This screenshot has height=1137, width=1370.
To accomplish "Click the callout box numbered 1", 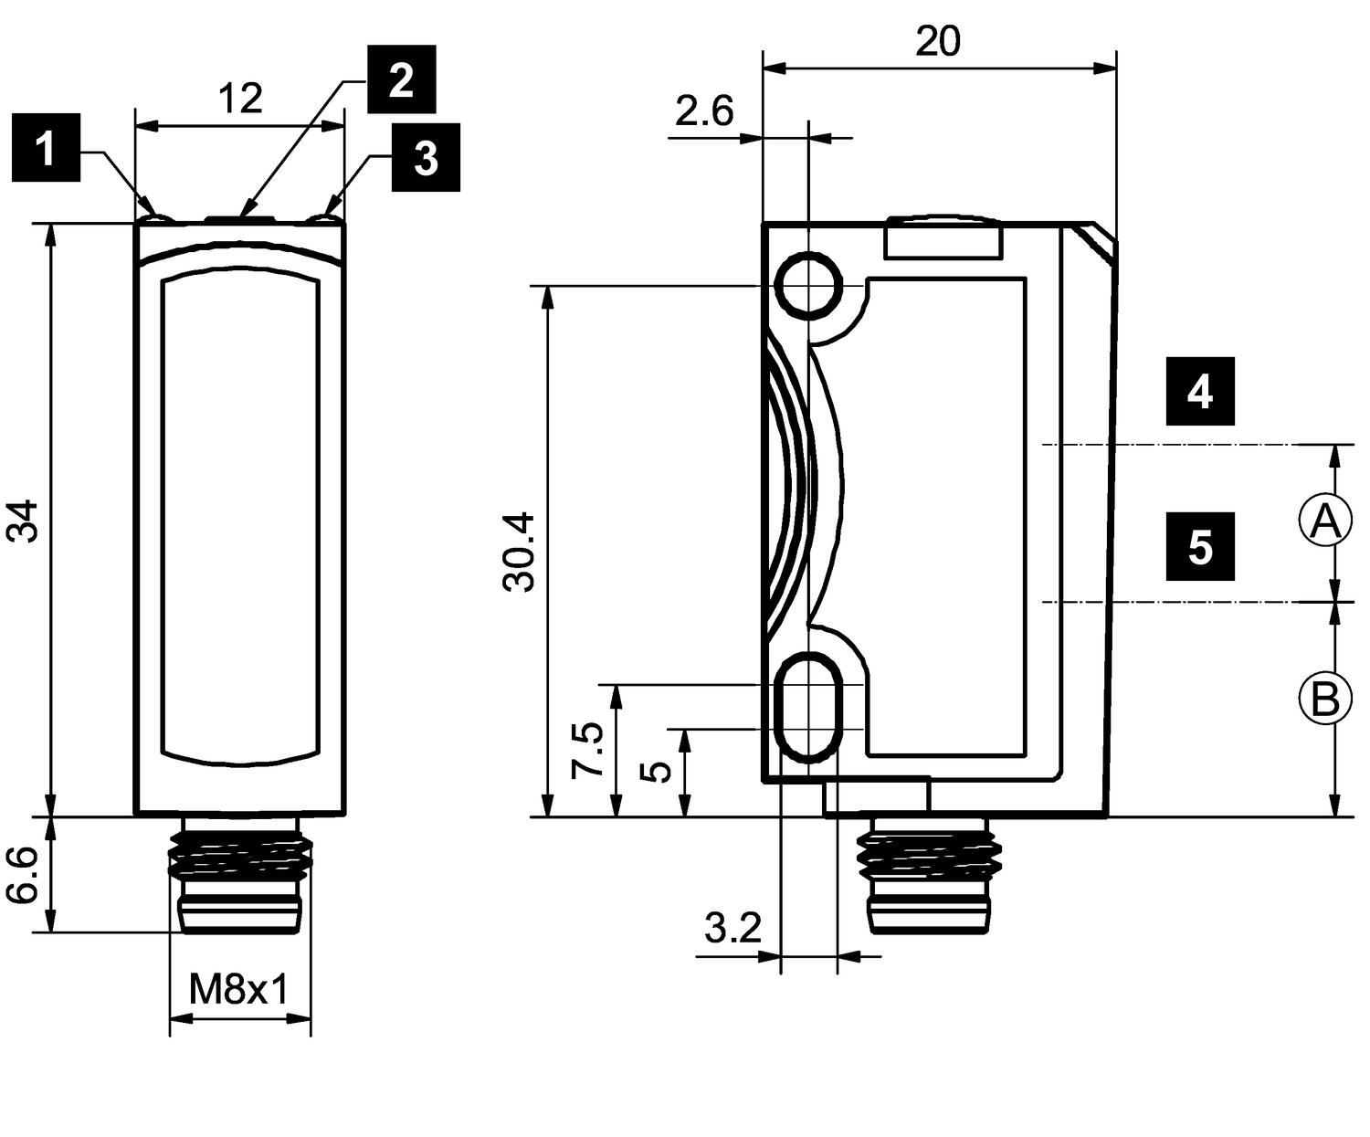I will pyautogui.click(x=46, y=148).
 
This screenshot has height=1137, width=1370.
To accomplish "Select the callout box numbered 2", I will pyautogui.click(x=401, y=79).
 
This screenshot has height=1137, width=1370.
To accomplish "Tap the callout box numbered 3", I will pyautogui.click(x=426, y=158).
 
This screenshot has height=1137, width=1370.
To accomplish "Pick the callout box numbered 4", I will pyautogui.click(x=1199, y=391).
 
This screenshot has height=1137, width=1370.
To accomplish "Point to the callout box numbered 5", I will pyautogui.click(x=1199, y=546).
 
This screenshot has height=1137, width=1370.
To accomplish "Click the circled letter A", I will pyautogui.click(x=1324, y=521).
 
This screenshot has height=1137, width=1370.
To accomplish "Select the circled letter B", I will pyautogui.click(x=1324, y=699).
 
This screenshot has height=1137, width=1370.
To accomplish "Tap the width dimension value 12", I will pyautogui.click(x=239, y=98).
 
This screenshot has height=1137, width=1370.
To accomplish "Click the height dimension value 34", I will pyautogui.click(x=24, y=521).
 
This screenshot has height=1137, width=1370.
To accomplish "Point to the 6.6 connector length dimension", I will pyautogui.click(x=24, y=874).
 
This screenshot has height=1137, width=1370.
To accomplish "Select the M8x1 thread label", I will pyautogui.click(x=238, y=989).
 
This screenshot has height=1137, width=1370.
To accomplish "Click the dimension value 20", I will pyautogui.click(x=938, y=42).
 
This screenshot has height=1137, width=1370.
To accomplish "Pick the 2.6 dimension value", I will pyautogui.click(x=703, y=111).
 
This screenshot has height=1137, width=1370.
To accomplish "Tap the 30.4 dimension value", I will pyautogui.click(x=520, y=551).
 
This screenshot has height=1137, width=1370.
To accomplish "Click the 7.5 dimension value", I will pyautogui.click(x=587, y=749).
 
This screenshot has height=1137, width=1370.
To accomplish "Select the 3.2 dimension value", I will pyautogui.click(x=732, y=930).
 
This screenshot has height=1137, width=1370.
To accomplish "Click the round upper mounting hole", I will pyautogui.click(x=808, y=285).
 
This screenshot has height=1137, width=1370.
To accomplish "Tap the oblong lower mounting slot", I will pyautogui.click(x=808, y=707).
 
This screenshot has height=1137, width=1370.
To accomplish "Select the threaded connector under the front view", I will pyautogui.click(x=240, y=874).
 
